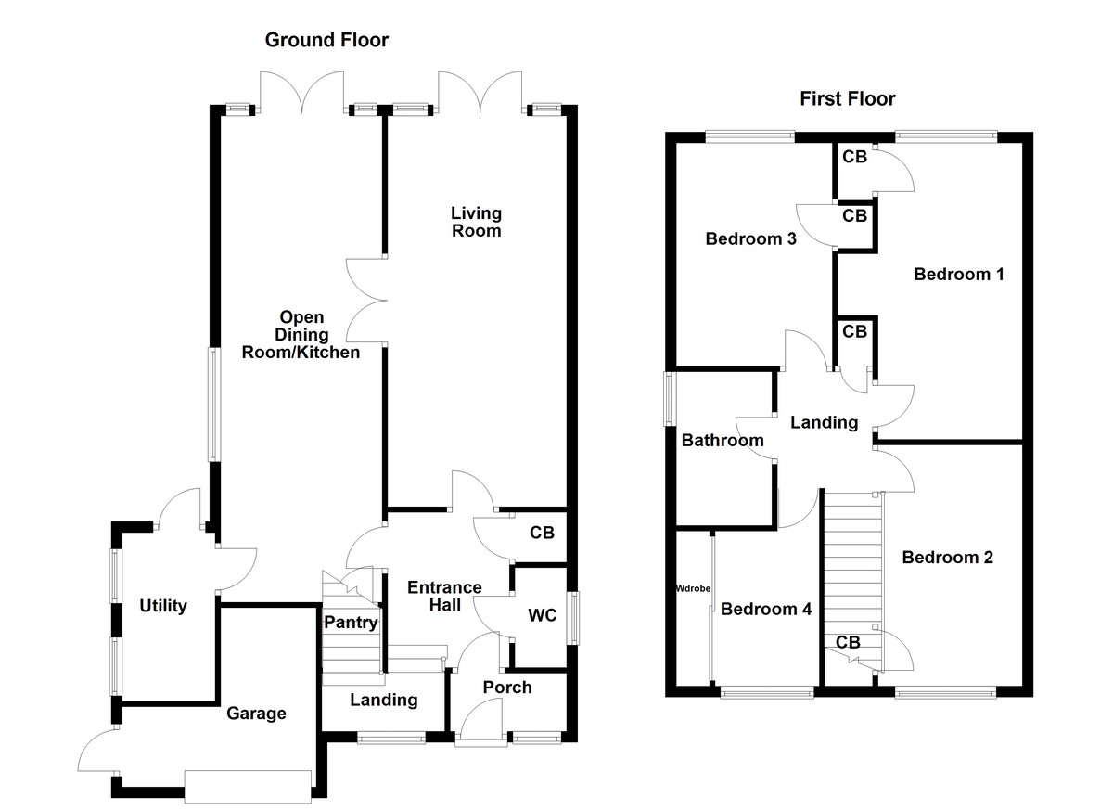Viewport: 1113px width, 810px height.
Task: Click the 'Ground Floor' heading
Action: pyautogui.click(x=326, y=40)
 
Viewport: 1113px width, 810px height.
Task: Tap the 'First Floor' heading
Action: pyautogui.click(x=848, y=99)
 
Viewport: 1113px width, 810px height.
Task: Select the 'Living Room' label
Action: pyautogui.click(x=476, y=222)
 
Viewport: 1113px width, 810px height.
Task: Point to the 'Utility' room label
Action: pyautogui.click(x=163, y=606)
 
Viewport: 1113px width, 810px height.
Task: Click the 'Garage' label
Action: pyautogui.click(x=256, y=714)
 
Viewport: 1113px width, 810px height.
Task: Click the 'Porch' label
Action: pyautogui.click(x=507, y=687)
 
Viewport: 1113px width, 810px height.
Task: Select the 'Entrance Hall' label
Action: pyautogui.click(x=445, y=596)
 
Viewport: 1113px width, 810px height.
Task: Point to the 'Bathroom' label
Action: pyautogui.click(x=723, y=440)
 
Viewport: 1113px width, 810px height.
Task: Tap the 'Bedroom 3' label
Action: pyautogui.click(x=751, y=238)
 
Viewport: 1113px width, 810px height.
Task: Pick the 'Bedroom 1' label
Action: pyautogui.click(x=959, y=274)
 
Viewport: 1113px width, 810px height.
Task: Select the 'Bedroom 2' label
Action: pyautogui.click(x=947, y=557)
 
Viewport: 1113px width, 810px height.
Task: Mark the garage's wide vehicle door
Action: pyautogui.click(x=248, y=786)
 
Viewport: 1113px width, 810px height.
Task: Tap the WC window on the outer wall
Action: pyautogui.click(x=574, y=617)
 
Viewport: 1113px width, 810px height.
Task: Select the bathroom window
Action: pyautogui.click(x=669, y=399)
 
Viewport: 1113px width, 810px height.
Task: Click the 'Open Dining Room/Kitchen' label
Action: pyautogui.click(x=301, y=335)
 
